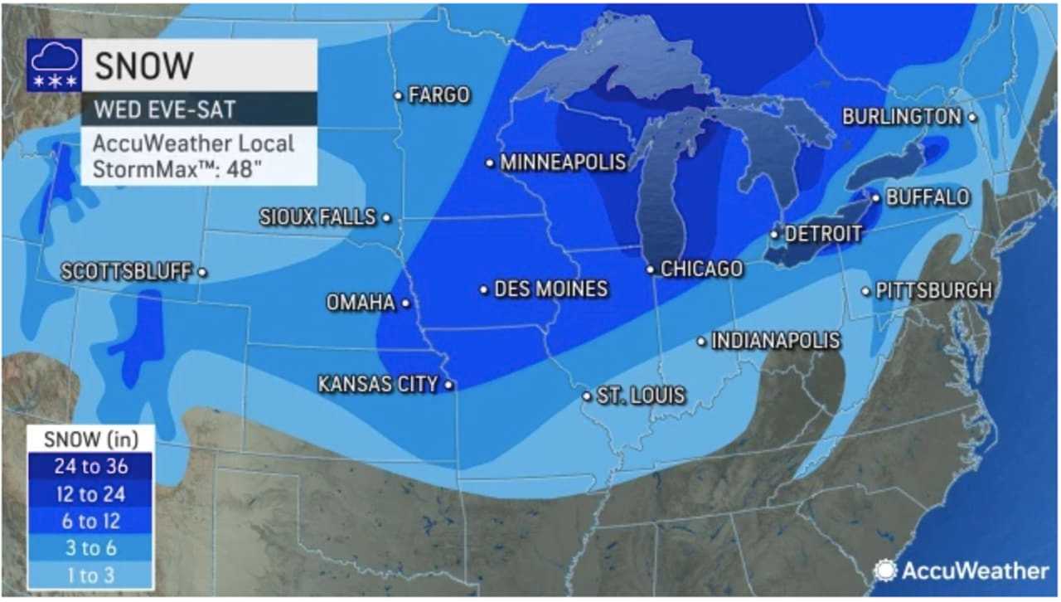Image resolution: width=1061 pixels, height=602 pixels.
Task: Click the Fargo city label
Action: [439, 95]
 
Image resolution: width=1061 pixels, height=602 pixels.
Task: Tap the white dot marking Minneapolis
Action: [491, 163]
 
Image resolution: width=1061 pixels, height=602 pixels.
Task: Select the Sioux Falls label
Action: [318, 217]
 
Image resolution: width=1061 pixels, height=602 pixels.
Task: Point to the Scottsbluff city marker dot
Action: [202, 272]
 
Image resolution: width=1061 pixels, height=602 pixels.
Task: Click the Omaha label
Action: [361, 303]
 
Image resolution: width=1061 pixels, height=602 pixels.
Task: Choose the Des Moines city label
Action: [550, 289]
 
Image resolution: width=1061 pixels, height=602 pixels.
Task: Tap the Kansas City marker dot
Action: [448, 385]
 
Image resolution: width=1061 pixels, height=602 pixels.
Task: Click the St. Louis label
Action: [642, 396]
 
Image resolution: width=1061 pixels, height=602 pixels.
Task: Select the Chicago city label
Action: [701, 269]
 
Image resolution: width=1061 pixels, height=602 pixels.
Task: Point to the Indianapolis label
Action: [776, 341]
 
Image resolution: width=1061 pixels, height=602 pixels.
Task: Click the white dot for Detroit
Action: [774, 235]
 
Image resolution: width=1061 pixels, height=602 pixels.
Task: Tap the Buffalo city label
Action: [928, 197]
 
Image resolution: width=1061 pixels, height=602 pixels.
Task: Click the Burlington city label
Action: [901, 117]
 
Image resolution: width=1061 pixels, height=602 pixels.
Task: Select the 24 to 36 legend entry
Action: [90, 466]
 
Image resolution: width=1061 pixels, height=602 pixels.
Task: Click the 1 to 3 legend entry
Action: [90, 575]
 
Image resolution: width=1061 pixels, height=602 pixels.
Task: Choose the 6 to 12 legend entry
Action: [90, 521]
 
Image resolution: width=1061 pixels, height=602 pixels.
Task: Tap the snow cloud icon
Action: [54, 64]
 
